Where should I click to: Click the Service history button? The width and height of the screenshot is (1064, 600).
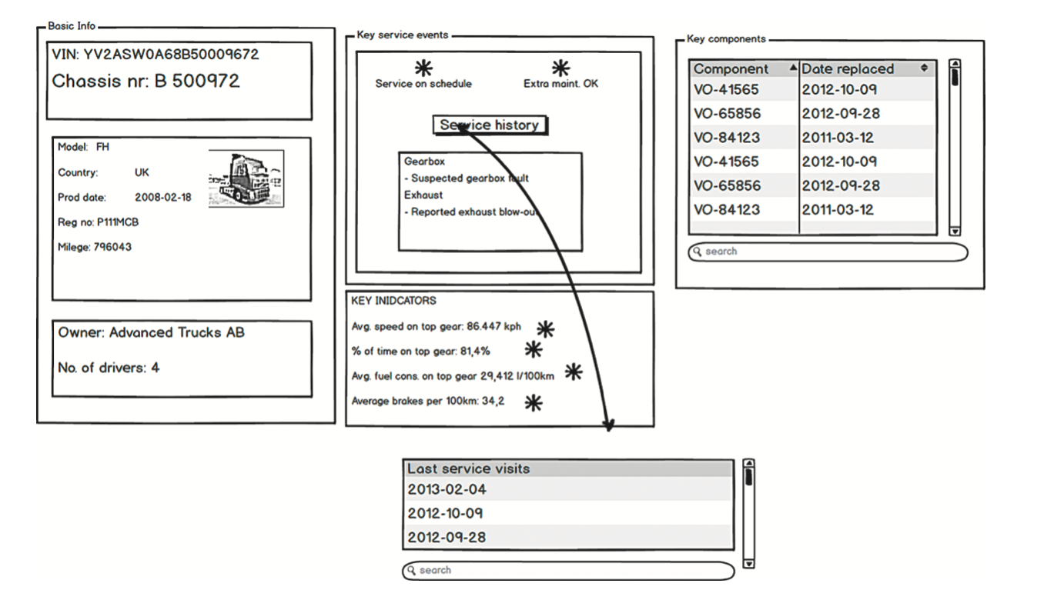pyautogui.click(x=490, y=125)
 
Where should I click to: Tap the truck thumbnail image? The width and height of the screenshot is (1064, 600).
pyautogui.click(x=246, y=178)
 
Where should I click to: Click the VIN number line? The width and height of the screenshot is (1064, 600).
pyautogui.click(x=155, y=55)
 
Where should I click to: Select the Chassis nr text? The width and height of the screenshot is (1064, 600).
pyautogui.click(x=146, y=81)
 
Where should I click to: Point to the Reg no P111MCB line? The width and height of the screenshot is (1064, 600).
pyautogui.click(x=99, y=222)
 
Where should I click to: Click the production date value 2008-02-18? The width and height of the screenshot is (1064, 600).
pyautogui.click(x=162, y=198)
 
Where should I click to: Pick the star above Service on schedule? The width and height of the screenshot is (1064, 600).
pyautogui.click(x=423, y=68)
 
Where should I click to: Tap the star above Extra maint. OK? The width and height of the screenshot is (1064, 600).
pyautogui.click(x=560, y=68)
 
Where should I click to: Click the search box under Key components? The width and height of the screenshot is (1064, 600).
pyautogui.click(x=828, y=252)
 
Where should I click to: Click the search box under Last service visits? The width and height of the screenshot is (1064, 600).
pyautogui.click(x=568, y=571)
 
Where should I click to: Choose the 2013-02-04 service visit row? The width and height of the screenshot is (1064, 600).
pyautogui.click(x=568, y=489)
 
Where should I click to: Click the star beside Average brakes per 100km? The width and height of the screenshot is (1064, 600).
pyautogui.click(x=533, y=402)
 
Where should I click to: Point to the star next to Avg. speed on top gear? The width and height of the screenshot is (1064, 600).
pyautogui.click(x=545, y=328)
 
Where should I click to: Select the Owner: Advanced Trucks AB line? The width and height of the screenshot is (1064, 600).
pyautogui.click(x=151, y=333)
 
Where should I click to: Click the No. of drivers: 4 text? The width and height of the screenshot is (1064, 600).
pyautogui.click(x=109, y=368)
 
